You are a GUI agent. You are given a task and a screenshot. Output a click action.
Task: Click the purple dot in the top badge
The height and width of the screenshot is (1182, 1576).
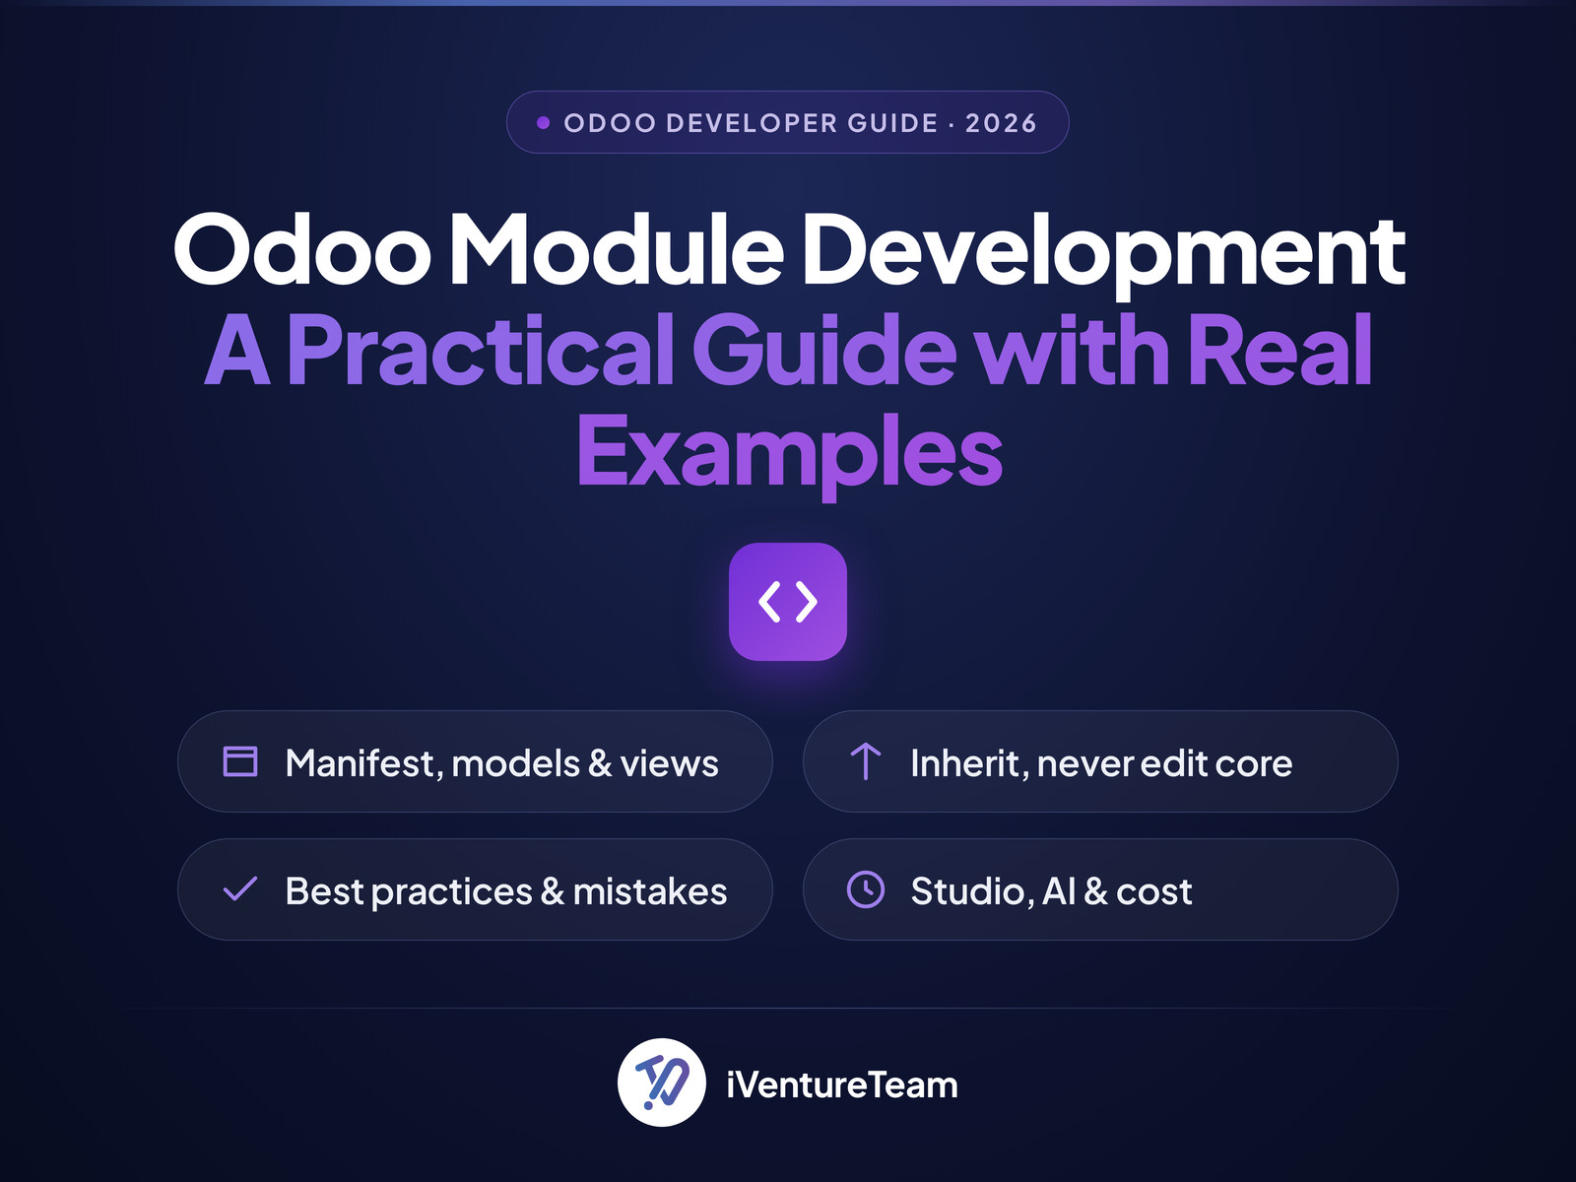pyautogui.click(x=544, y=123)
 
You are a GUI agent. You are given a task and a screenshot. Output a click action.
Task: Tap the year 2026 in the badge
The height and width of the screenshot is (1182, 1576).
pyautogui.click(x=1001, y=123)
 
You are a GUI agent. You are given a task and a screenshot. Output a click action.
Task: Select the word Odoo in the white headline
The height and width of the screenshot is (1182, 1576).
pyautogui.click(x=302, y=249)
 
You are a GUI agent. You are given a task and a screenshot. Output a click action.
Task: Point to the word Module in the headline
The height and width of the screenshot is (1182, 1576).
pyautogui.click(x=616, y=249)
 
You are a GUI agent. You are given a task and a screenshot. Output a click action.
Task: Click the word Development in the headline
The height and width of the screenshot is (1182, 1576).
pyautogui.click(x=1103, y=255)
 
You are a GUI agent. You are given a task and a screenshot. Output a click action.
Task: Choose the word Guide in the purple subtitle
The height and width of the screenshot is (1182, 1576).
pyautogui.click(x=824, y=350)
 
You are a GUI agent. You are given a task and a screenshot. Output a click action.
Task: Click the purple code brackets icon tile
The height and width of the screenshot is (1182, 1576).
pyautogui.click(x=788, y=602)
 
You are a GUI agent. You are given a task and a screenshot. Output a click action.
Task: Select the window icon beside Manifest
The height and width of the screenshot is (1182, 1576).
pyautogui.click(x=240, y=761)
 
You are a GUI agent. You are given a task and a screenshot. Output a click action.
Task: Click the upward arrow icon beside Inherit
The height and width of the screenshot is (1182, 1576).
pyautogui.click(x=865, y=761)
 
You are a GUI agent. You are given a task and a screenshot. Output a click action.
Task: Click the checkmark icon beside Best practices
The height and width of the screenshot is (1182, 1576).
pyautogui.click(x=239, y=889)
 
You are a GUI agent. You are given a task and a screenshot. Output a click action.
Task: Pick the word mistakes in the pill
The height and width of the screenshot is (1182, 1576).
pyautogui.click(x=650, y=891)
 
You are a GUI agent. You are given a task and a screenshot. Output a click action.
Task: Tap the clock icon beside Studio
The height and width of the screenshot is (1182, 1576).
pyautogui.click(x=866, y=889)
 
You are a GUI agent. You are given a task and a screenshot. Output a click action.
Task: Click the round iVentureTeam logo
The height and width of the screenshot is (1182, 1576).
pyautogui.click(x=661, y=1083)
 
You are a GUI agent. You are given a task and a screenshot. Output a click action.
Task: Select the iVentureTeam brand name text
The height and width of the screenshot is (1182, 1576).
pyautogui.click(x=841, y=1084)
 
